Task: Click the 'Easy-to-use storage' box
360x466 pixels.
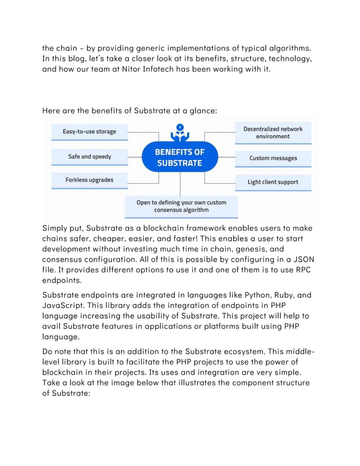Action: (x=89, y=132)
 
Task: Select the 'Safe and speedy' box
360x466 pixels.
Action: (x=89, y=156)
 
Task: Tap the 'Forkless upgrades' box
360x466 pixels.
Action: (x=89, y=180)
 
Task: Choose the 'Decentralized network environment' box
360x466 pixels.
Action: (x=273, y=133)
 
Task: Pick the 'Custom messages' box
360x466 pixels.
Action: (x=273, y=159)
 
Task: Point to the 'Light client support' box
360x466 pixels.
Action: (x=273, y=182)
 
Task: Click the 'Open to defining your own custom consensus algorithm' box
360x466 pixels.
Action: (x=181, y=206)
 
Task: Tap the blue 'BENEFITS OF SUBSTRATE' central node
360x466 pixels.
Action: (x=180, y=157)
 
